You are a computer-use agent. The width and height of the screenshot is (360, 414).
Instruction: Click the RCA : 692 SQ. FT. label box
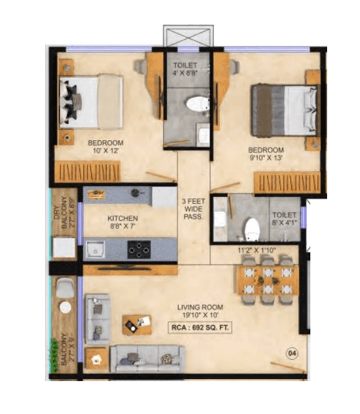205,327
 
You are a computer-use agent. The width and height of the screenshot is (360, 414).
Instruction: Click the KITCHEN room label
122,222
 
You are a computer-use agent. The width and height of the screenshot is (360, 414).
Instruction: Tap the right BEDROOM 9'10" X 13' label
266,154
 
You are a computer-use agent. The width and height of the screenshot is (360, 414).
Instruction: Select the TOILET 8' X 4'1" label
284,219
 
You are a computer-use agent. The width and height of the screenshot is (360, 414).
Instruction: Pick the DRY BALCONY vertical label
65,212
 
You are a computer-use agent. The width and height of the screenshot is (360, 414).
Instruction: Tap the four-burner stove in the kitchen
138,248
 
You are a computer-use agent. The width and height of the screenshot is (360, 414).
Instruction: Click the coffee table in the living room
137,324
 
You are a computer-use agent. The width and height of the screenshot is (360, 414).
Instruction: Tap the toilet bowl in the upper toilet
196,103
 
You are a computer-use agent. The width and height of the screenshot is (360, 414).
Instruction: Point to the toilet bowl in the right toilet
252,227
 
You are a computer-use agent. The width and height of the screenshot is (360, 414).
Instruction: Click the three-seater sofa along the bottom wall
147,358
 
